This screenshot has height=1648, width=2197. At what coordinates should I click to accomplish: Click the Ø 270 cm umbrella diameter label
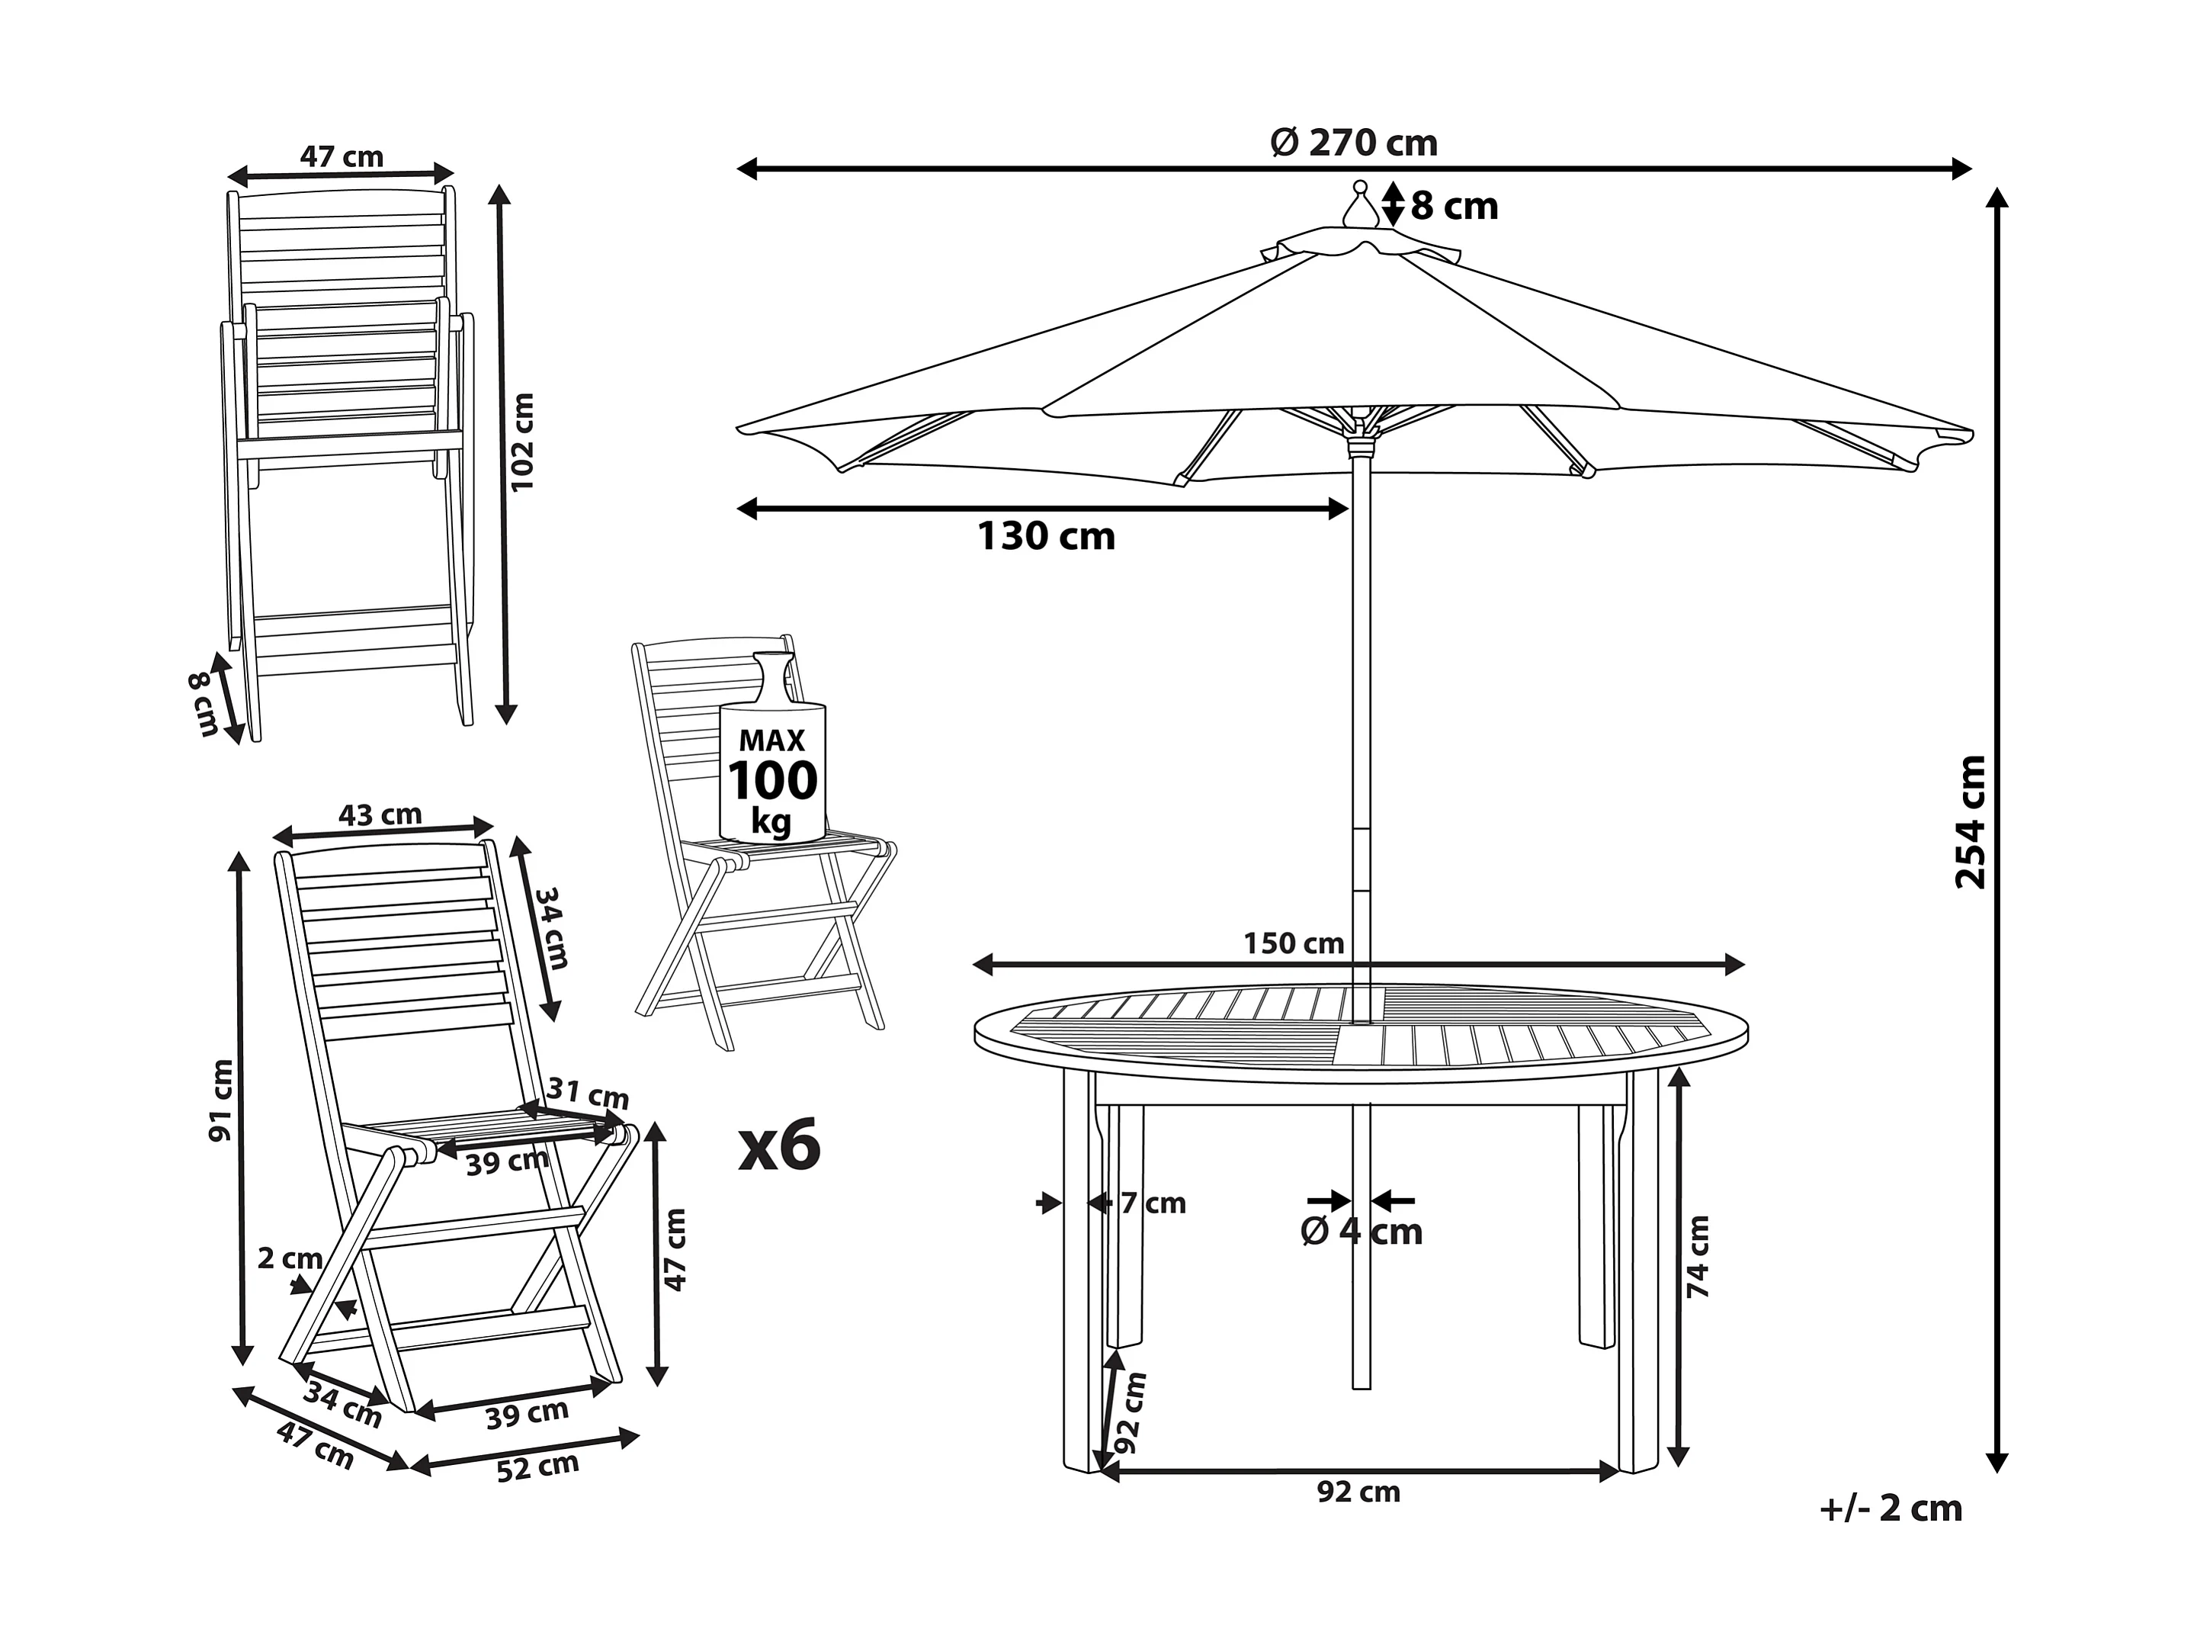coord(1354,144)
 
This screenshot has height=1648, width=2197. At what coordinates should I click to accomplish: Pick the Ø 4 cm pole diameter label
coord(1361,1232)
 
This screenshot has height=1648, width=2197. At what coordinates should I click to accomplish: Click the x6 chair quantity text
coord(780,1145)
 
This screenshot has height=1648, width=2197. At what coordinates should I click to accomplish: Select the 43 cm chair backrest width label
coord(380,814)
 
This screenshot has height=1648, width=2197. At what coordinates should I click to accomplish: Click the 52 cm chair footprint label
coord(537,1468)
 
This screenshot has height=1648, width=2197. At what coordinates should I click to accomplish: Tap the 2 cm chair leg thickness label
coord(290,1258)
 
